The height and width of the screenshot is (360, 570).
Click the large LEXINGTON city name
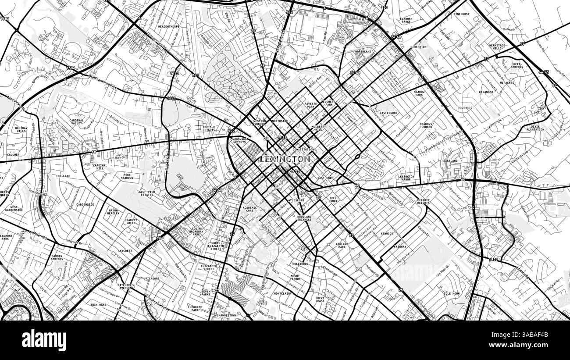285,159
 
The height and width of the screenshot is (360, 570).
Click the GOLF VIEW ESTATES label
146,193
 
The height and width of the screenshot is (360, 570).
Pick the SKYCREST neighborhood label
125,251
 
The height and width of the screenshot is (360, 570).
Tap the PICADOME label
152,278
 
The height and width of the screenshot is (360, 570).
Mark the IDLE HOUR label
452,293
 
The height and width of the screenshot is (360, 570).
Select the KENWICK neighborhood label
387,234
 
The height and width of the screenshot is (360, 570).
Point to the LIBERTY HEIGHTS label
423,201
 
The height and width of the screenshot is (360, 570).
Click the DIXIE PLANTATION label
534,128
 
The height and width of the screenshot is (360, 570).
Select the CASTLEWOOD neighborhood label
388,113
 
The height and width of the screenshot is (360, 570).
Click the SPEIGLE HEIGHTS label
208,128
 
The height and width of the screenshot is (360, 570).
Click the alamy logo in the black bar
44,340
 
